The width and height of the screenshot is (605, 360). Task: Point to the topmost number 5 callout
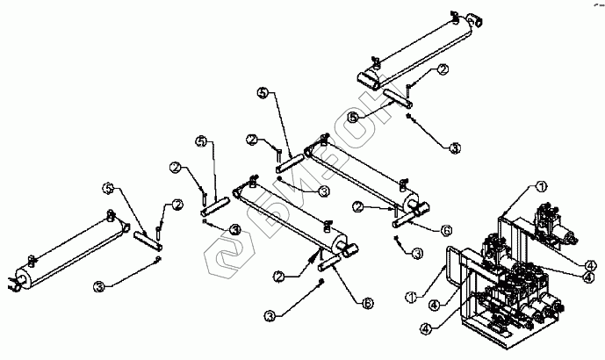click(x=262, y=92)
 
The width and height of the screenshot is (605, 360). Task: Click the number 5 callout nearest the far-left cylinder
click(x=108, y=188)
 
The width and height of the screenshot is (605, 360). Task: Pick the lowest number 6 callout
click(x=367, y=302)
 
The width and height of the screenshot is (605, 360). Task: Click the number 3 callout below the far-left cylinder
click(x=99, y=285)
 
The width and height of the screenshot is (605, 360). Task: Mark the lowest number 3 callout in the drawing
click(x=270, y=313)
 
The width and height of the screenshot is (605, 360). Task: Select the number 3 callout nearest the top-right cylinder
click(x=454, y=148)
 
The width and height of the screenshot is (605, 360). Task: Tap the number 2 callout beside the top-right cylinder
click(x=443, y=68)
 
